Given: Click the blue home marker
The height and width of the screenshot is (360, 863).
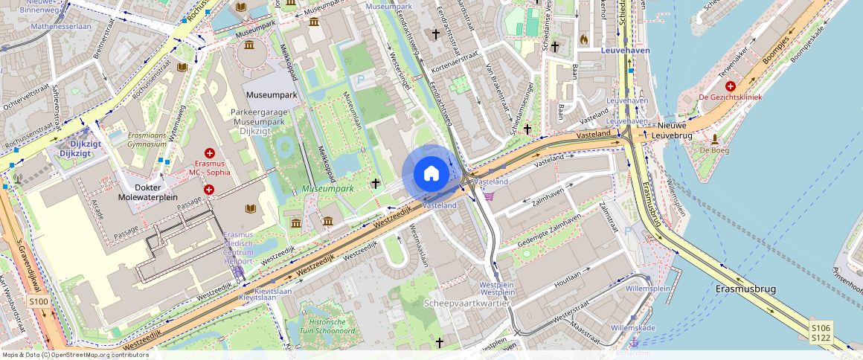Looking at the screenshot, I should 431,174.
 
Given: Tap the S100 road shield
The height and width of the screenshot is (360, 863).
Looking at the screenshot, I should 39,301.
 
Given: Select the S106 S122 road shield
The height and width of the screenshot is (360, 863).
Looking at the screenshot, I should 821,332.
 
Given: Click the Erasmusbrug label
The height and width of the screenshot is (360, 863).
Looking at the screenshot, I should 745,288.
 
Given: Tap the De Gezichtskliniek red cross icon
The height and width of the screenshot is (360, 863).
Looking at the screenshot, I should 731,86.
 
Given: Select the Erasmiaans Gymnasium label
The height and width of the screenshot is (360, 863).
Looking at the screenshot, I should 136,140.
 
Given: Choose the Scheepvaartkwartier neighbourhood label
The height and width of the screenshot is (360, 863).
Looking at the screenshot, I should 466,303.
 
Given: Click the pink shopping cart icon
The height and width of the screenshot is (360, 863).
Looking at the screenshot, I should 489,196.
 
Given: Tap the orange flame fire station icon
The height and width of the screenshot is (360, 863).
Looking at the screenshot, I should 583,38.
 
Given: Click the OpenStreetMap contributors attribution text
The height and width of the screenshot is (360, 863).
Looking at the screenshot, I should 74,355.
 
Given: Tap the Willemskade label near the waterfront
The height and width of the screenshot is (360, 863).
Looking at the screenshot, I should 632,327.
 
